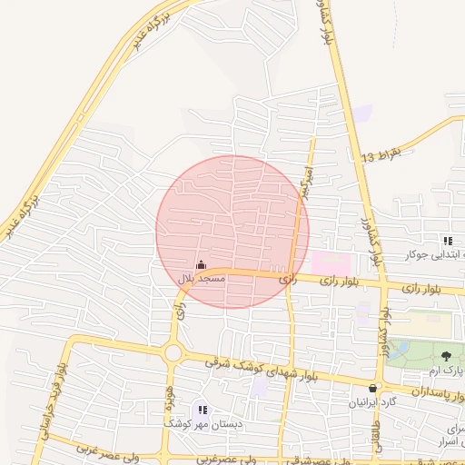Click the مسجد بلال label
pyautogui.click(x=198, y=278)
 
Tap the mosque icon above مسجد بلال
pyautogui.click(x=201, y=265)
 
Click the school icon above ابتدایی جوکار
pyautogui.click(x=448, y=241)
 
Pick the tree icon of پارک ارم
pyautogui.click(x=445, y=356)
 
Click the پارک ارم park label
pyautogui.click(x=447, y=371)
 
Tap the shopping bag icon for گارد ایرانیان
pyautogui.click(x=372, y=388)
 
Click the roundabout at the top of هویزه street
pyautogui.click(x=172, y=351)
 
